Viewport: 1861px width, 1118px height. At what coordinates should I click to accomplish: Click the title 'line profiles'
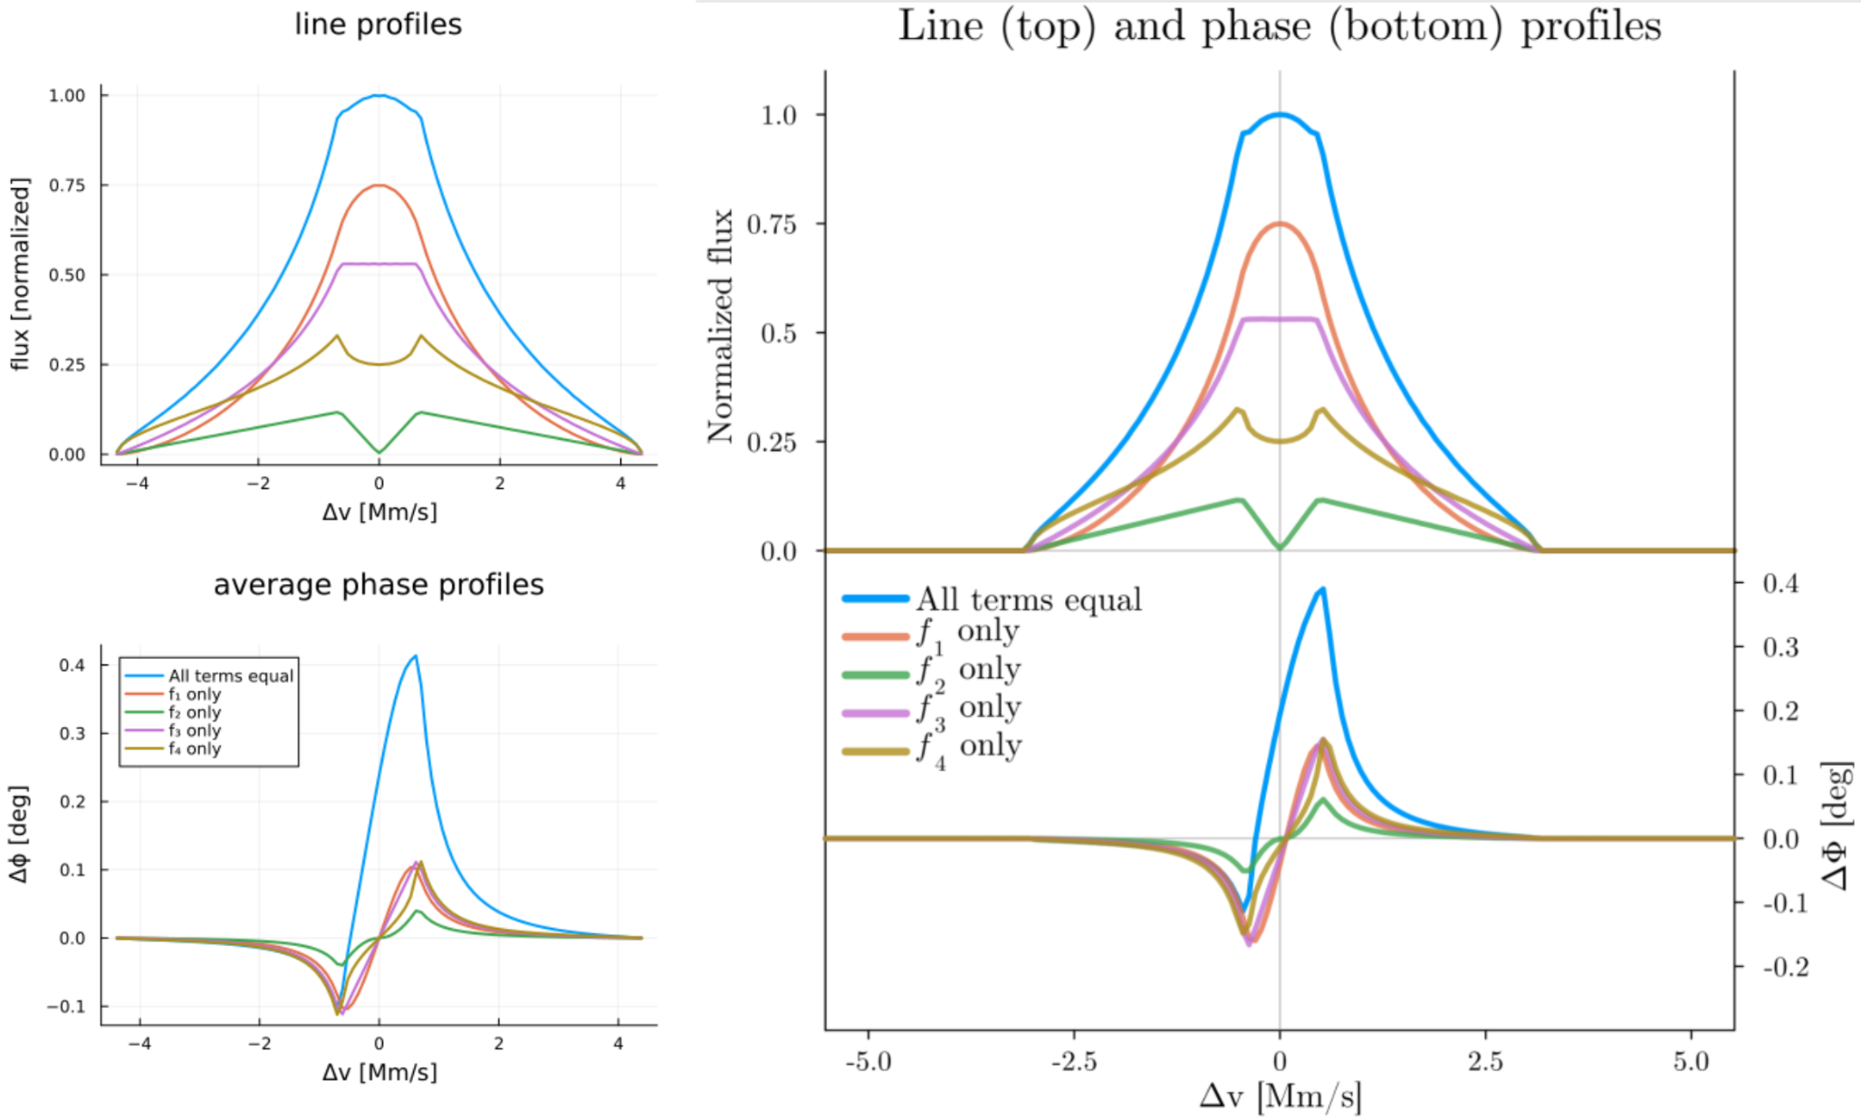tap(378, 24)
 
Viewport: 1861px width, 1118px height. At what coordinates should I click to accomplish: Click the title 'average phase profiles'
tap(378, 584)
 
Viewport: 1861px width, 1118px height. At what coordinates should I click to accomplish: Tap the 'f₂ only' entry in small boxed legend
tap(194, 712)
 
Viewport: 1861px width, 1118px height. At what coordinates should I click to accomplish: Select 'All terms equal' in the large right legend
tap(1028, 599)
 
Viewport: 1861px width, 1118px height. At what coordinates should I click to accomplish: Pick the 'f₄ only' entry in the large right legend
tap(969, 748)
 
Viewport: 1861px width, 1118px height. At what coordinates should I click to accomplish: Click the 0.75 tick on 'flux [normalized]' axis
tap(66, 186)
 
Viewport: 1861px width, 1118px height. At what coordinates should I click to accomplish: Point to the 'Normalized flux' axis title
tap(720, 326)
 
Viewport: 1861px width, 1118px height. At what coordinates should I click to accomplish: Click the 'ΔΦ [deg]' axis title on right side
tap(1837, 826)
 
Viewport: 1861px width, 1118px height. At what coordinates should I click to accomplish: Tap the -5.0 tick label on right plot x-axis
tap(868, 1061)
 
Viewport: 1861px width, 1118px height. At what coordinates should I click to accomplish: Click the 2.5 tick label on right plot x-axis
tap(1485, 1061)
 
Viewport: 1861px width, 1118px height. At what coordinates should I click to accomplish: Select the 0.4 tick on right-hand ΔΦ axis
tap(1779, 583)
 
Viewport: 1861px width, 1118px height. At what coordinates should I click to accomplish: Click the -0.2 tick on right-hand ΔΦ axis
tap(1784, 967)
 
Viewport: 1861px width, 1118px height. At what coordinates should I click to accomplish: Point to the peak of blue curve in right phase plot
tap(1323, 589)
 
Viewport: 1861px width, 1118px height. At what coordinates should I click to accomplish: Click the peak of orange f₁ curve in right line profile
tap(1280, 224)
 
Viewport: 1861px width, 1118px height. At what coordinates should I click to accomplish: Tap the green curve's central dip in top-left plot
tap(379, 451)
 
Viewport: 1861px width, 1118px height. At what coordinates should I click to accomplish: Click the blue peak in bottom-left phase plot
tap(415, 656)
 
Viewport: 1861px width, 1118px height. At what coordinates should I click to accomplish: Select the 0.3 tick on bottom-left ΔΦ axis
tap(72, 733)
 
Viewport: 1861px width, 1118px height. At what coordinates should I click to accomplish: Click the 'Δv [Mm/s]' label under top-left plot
tap(379, 512)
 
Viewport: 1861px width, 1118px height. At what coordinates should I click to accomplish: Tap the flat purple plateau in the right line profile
tap(1280, 319)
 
